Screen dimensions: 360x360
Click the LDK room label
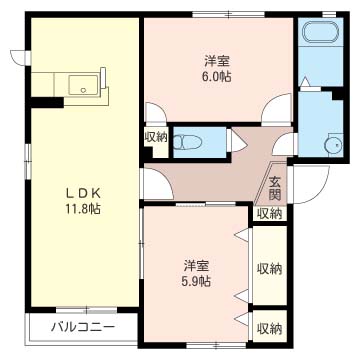(x=84, y=194)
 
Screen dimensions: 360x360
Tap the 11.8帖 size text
(x=84, y=209)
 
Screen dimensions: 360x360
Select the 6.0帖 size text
(x=218, y=77)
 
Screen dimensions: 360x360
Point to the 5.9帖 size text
(x=196, y=282)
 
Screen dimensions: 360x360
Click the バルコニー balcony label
(x=83, y=327)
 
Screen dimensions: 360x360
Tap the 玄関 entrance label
(x=275, y=188)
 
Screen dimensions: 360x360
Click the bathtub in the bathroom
(x=320, y=32)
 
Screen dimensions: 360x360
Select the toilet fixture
(x=188, y=142)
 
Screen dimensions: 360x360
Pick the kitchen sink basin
(x=84, y=85)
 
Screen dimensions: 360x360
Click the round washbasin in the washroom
(x=335, y=145)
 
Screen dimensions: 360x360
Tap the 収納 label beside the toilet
(x=156, y=137)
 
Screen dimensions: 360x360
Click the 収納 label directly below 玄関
(x=271, y=214)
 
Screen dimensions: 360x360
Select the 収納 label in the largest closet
(x=269, y=268)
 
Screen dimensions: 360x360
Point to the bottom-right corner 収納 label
(x=269, y=329)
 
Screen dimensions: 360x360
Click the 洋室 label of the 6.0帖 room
(x=217, y=61)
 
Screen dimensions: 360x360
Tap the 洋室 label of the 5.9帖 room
(x=196, y=266)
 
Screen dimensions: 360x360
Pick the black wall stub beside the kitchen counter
(x=46, y=102)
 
